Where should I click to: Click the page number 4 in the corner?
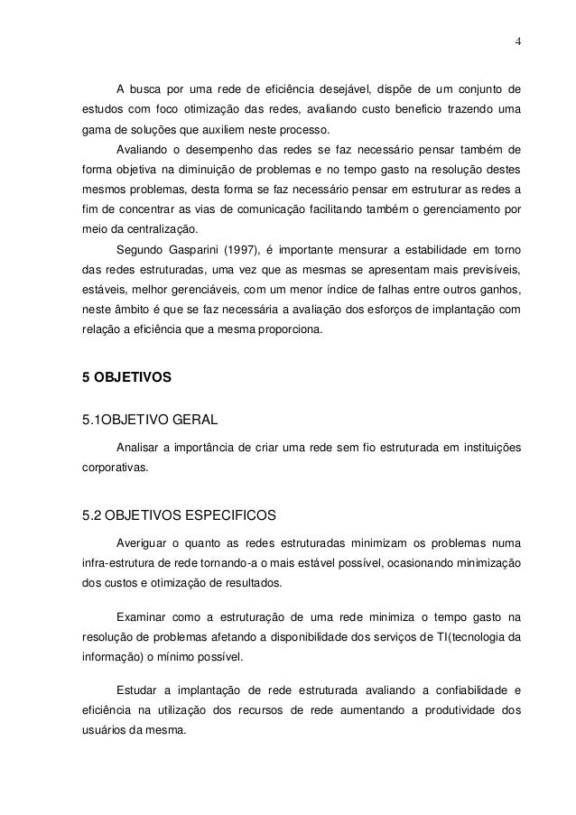pos(517,40)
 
